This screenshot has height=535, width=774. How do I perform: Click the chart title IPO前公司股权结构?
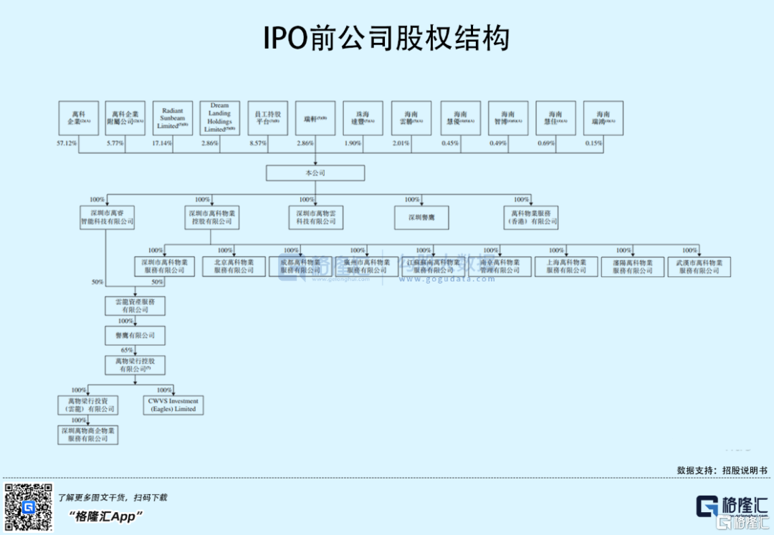[386, 38]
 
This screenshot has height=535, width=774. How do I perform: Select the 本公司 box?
[315, 173]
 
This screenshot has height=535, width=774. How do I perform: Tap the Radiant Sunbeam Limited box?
[173, 119]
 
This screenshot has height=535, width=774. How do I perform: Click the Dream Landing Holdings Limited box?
[220, 118]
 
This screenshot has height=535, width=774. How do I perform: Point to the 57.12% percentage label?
[67, 144]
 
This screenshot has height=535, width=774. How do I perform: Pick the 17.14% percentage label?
[162, 144]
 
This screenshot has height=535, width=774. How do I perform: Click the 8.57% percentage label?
[258, 144]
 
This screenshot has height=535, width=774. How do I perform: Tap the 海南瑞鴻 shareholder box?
[603, 118]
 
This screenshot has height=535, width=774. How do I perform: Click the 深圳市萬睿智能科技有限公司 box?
[107, 218]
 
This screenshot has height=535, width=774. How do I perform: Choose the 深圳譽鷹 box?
[422, 218]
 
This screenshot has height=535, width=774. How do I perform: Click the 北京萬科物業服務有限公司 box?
[234, 266]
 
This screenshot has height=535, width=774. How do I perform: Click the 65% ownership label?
[127, 350]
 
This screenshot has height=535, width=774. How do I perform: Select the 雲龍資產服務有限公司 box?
[135, 306]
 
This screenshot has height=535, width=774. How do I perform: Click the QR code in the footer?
[28, 507]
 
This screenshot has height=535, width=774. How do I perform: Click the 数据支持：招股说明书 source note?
[722, 471]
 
